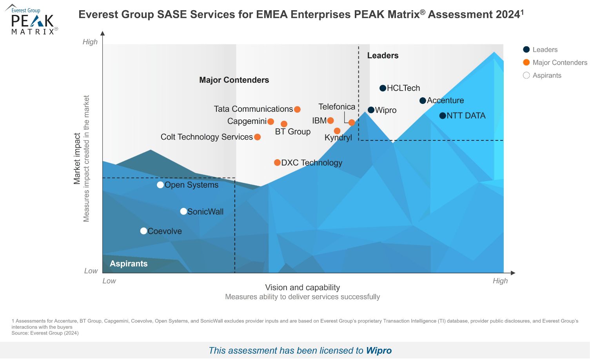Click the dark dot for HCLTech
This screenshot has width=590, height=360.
383,88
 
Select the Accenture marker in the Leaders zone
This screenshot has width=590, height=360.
423,101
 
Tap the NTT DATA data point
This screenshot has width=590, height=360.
443,116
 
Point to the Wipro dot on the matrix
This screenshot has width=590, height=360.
371,110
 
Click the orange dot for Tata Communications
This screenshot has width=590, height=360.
297,109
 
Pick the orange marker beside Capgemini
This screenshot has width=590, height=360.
270,122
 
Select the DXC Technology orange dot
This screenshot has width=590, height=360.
277,163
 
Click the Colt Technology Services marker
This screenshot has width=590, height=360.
257,137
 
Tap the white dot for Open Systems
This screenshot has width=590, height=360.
160,185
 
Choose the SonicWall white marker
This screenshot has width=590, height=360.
183,212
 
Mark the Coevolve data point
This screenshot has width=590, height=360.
143,231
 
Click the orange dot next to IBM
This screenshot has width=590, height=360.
330,121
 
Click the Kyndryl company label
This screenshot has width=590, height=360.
338,138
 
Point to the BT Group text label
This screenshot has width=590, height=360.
292,132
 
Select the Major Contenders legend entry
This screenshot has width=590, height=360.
559,63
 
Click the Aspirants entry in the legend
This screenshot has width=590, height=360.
546,76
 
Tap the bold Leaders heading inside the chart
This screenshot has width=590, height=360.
383,56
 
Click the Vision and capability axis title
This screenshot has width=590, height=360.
302,287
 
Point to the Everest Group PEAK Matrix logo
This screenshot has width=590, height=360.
32,21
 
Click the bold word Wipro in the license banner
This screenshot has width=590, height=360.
379,351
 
